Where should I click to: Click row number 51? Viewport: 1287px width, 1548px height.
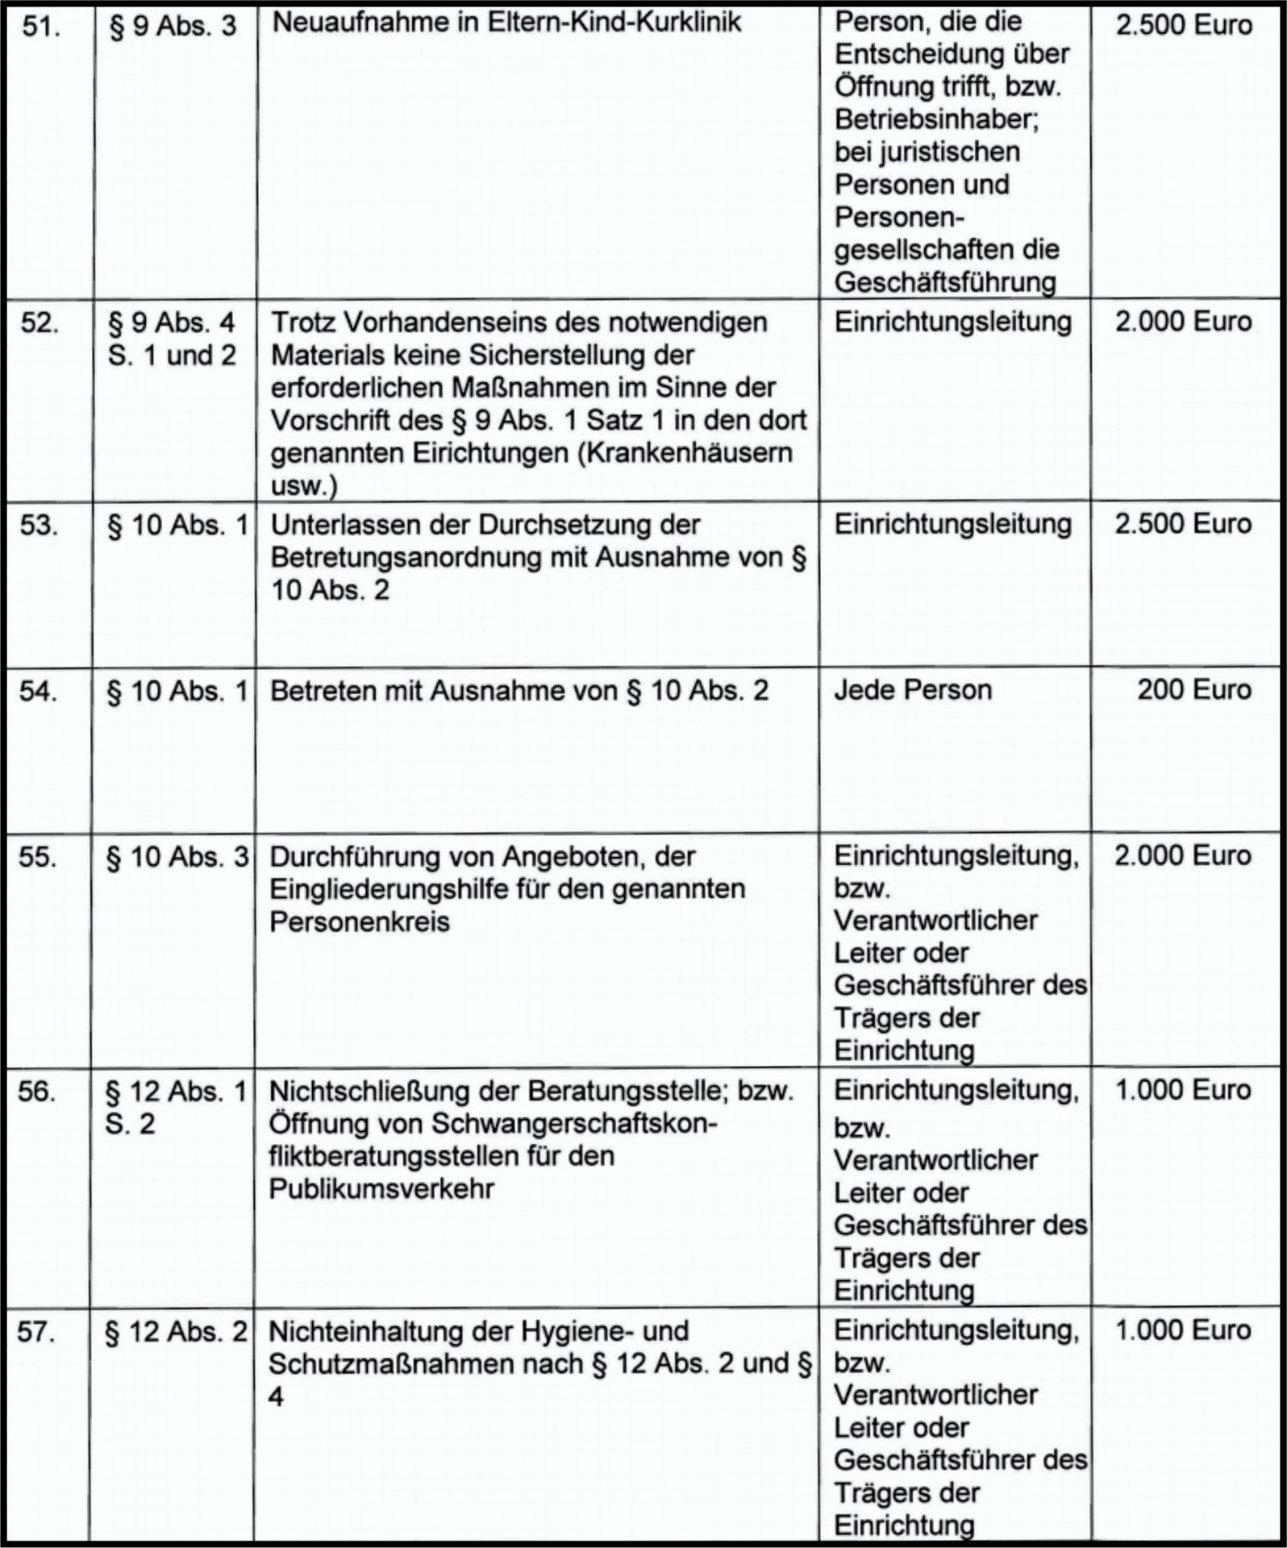coord(40,27)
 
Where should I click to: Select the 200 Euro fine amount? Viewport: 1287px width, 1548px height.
coord(1193,690)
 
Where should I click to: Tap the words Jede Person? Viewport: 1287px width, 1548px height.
coord(912,690)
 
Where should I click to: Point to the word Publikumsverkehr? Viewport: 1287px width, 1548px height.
coord(381,1189)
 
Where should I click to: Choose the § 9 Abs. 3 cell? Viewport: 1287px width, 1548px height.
coord(173,27)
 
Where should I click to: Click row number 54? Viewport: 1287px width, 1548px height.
coord(38,692)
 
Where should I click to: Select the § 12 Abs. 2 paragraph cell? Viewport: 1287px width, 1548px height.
coord(176,1332)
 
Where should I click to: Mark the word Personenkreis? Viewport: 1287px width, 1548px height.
coord(359,922)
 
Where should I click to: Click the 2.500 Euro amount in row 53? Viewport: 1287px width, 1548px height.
coord(1183,524)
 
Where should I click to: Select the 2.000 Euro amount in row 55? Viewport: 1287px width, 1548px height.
coord(1182,855)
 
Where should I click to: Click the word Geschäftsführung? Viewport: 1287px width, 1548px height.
coord(944,282)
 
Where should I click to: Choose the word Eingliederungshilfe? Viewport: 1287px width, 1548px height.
coord(410,889)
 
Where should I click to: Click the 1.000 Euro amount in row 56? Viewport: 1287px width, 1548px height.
coord(1183,1091)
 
